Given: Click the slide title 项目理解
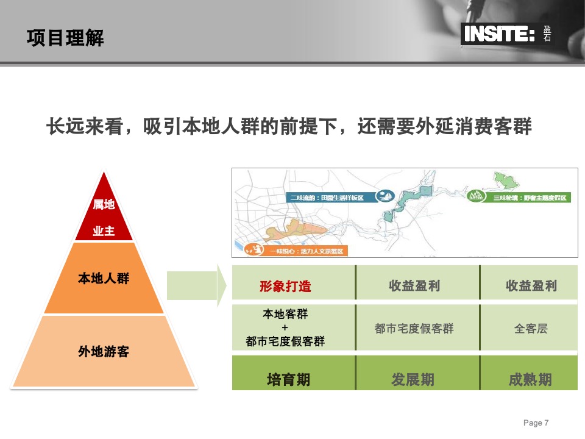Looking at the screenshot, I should point(65,38).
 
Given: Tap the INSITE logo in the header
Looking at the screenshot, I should point(499,34).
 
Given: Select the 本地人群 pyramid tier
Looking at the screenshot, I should point(104,279).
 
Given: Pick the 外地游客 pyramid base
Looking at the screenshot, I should point(104,351).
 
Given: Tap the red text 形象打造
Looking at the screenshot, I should point(285,286).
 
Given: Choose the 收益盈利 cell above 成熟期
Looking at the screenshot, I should point(531,286).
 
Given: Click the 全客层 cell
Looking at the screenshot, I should point(531,329).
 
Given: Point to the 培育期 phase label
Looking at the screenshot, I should point(289,380).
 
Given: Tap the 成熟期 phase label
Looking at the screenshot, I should point(530,380).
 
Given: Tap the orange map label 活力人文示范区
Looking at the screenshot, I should point(305,251).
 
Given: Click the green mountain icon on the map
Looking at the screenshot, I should point(476,196).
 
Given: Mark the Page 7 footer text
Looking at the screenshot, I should point(536,423).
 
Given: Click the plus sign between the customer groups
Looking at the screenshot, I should point(285,328).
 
